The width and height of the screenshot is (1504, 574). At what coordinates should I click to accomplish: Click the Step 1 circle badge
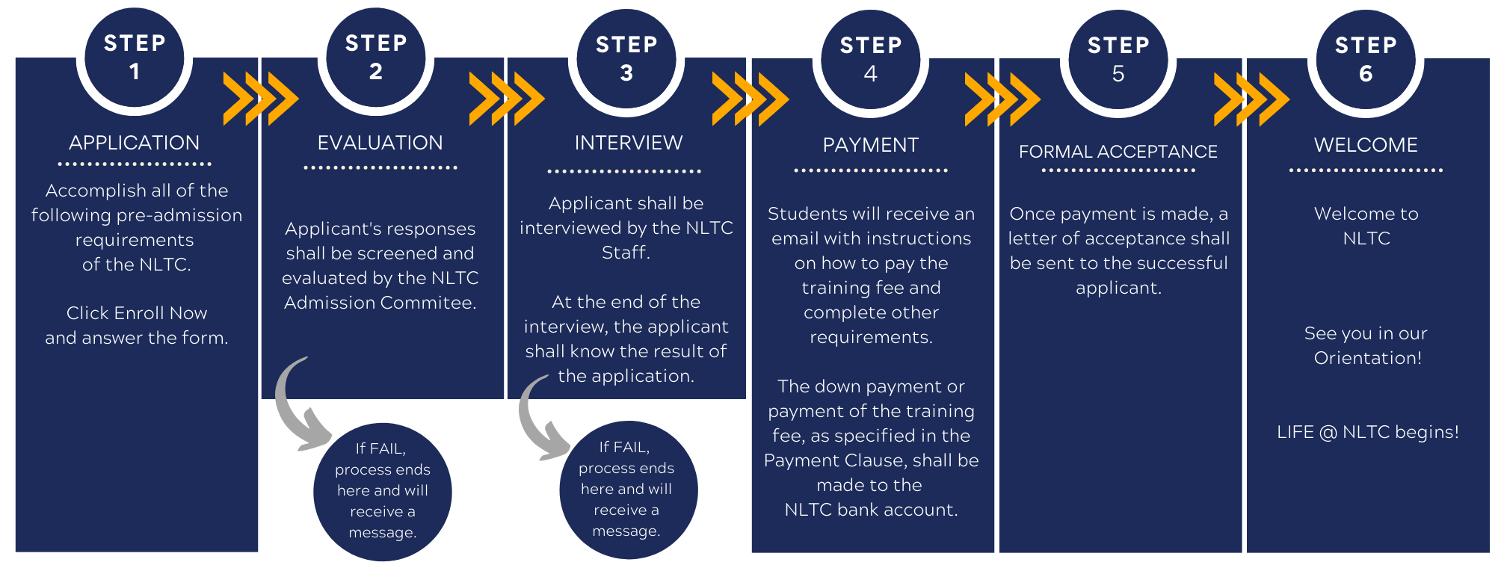(135, 57)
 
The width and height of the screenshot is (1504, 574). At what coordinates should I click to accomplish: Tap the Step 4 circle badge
(871, 59)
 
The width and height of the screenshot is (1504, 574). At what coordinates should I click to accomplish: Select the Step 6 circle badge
(1366, 59)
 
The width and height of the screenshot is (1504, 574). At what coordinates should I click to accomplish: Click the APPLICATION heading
(135, 143)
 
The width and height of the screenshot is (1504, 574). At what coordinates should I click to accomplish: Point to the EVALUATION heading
(380, 143)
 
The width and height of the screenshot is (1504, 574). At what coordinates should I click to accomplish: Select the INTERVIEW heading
(628, 143)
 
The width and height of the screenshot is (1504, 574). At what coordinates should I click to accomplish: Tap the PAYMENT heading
(871, 145)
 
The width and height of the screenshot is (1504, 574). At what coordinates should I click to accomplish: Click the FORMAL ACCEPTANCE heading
(1118, 152)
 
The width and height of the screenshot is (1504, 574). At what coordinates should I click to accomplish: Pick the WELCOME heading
(1366, 145)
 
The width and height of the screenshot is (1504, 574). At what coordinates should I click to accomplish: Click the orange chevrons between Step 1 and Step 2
(261, 99)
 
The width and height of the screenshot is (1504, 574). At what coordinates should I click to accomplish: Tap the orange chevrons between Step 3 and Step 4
(751, 99)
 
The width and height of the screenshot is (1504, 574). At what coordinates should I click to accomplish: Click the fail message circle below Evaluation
(383, 491)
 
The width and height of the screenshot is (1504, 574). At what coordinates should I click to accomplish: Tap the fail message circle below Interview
(628, 490)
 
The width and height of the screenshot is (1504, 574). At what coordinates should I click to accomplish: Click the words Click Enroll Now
(137, 313)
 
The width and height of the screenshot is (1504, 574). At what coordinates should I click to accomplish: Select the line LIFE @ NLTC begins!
(1368, 432)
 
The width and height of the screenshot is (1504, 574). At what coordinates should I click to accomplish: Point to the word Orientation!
(1368, 358)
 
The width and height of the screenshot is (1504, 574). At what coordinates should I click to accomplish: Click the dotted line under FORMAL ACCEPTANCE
(1118, 170)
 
